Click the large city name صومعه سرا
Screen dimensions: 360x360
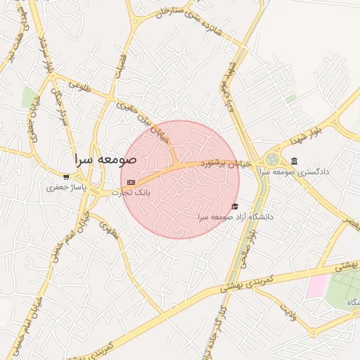point(106,159)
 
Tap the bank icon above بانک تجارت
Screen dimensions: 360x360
point(131,181)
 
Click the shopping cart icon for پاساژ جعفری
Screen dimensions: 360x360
point(66,176)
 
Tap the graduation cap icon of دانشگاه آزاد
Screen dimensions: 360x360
point(235,206)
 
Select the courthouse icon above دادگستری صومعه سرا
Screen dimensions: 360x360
point(293,161)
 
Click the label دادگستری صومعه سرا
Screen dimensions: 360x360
point(293,172)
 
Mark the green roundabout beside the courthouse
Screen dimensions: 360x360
point(271,160)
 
